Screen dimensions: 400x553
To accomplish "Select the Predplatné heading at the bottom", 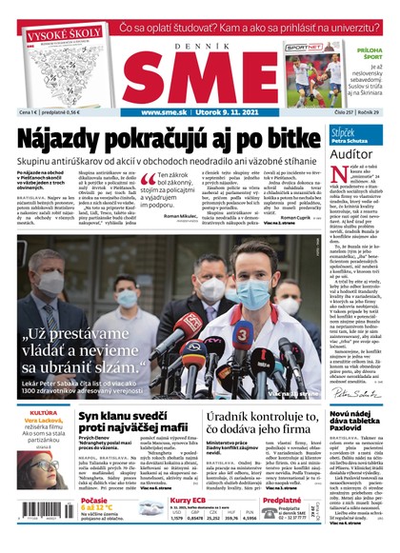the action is (x=281, y=500).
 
